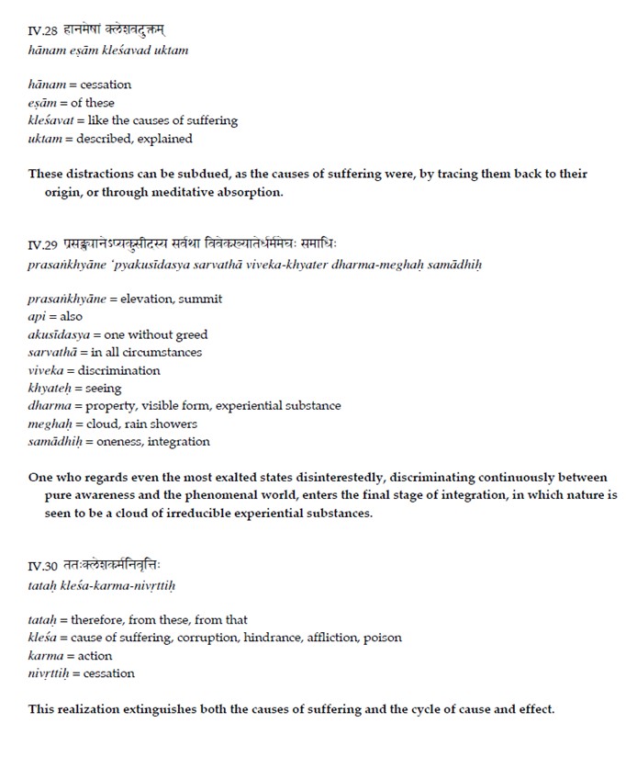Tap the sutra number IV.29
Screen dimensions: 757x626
coord(43,246)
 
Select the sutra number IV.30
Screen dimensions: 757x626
coord(43,566)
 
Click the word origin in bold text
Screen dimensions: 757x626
coord(63,192)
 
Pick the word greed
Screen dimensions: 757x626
coord(191,334)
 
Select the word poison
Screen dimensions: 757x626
coord(384,638)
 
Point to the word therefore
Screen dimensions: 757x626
coord(95,620)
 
